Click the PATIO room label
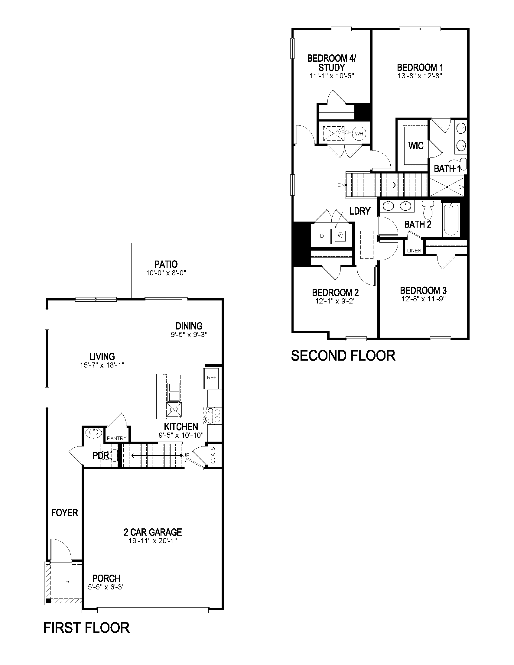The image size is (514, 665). [166, 264]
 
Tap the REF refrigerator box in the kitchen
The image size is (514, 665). [211, 378]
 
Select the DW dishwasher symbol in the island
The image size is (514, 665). [174, 410]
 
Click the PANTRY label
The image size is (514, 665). [117, 438]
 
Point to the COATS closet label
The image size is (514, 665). [213, 455]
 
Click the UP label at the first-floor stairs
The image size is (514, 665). [186, 455]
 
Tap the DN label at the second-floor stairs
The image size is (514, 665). [341, 185]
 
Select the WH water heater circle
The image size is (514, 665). [359, 133]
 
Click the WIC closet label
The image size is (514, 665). [416, 146]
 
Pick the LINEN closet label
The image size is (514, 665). [414, 251]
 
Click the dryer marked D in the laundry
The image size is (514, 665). [322, 236]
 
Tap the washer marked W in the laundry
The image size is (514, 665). [340, 236]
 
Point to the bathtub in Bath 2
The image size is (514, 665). [451, 219]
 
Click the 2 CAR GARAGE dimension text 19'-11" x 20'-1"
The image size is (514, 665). [153, 541]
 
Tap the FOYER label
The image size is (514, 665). [65, 512]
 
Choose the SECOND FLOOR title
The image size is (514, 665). [343, 355]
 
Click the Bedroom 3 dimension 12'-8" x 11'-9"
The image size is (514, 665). [423, 299]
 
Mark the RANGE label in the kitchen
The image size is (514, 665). [205, 415]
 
